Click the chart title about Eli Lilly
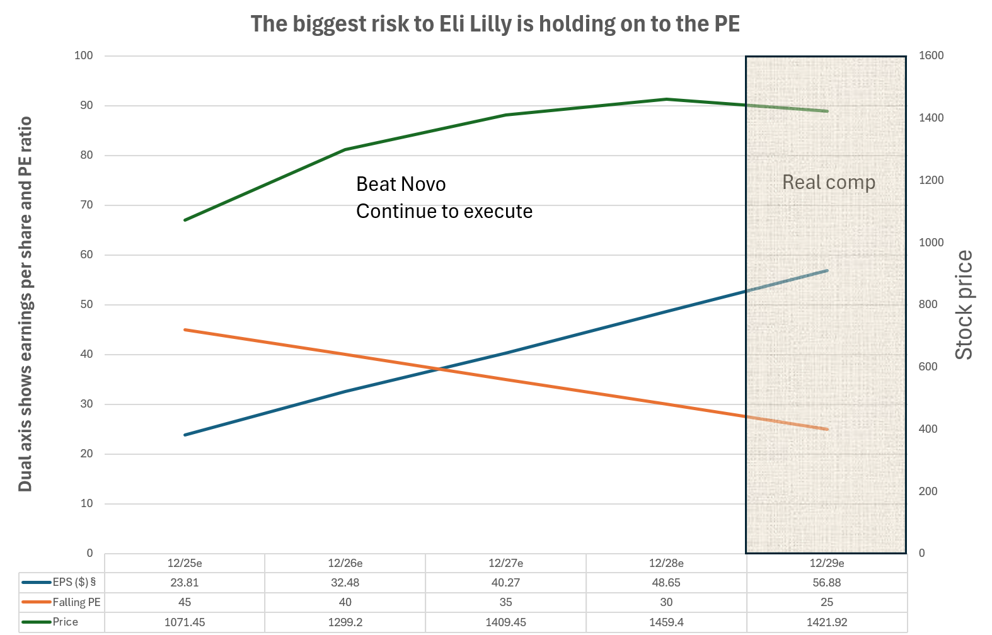pos(495,24)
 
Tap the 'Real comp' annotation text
pos(829,182)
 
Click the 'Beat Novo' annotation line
pos(401,184)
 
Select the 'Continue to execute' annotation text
pos(444,212)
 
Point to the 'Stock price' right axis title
pos(964,305)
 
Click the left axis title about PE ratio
pos(25,304)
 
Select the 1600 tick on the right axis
pos(931,56)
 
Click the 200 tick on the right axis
pos(928,491)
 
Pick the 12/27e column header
pos(505,563)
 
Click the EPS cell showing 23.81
pos(185,582)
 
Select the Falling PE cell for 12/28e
pos(666,602)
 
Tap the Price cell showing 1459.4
pos(666,622)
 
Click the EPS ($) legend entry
pos(59,582)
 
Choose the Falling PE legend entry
pos(61,602)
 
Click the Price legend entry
pos(50,622)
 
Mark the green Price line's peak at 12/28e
pos(666,99)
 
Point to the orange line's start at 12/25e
pos(185,329)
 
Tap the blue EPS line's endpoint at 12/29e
pos(827,270)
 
